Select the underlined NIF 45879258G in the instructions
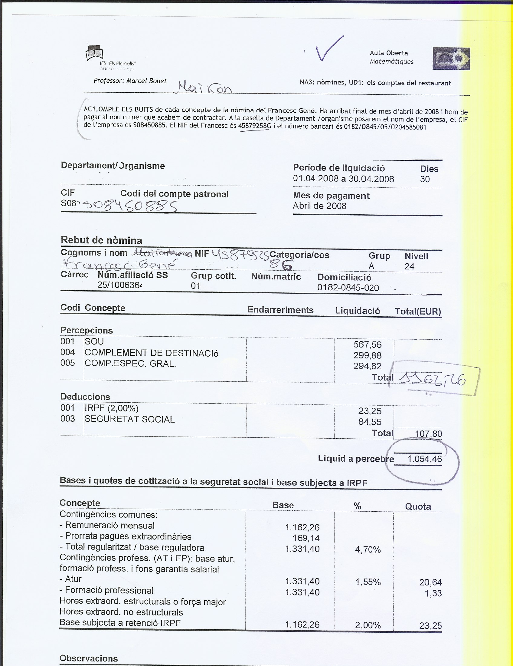point(255,126)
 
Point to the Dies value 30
point(425,179)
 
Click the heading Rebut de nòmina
point(101,240)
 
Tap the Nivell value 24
point(410,266)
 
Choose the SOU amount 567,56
point(368,345)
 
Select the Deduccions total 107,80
point(428,434)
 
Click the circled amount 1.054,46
point(424,459)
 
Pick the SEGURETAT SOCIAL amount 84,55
point(370,422)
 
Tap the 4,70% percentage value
point(368,550)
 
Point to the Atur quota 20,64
point(430,582)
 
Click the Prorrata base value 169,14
point(306,538)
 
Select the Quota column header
point(418,506)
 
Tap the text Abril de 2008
point(319,206)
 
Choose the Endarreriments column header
point(280,310)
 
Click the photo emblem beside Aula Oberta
point(451,58)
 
